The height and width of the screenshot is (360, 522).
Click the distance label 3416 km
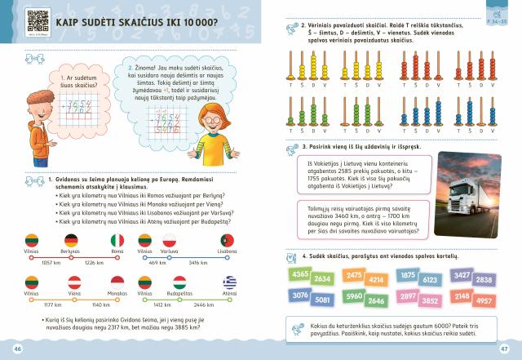[x=199, y=263]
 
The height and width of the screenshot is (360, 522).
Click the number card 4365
[x=299, y=274]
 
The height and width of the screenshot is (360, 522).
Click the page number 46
[x=17, y=350]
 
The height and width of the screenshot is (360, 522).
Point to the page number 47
[x=504, y=350]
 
